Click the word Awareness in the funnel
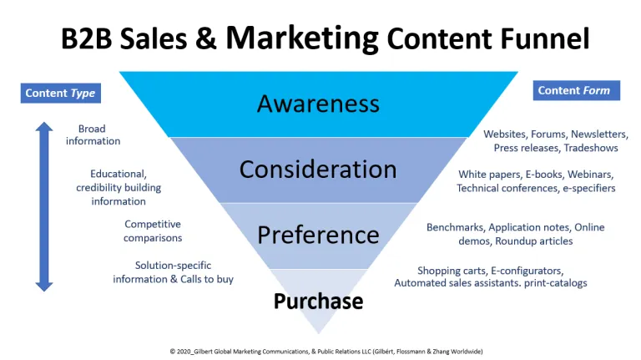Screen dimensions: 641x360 point(318,104)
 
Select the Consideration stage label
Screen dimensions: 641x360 point(318,169)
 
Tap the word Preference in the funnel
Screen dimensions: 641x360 point(318,235)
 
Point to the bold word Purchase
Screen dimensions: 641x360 point(318,301)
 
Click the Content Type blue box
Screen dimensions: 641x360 point(60,94)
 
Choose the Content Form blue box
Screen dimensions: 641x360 point(577,90)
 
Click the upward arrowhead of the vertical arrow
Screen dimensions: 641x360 point(44,126)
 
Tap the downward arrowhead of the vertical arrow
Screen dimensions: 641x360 point(44,286)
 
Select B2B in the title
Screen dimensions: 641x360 point(87,38)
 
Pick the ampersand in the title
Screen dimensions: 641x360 point(205,38)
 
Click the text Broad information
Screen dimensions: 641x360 point(93,134)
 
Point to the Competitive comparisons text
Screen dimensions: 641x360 point(153,231)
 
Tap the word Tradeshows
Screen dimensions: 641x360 point(591,148)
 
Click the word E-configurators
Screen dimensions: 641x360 point(527,271)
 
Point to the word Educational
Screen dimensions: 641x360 point(119,174)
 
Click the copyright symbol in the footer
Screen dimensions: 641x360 point(173,352)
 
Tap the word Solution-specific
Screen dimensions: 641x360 point(173,266)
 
